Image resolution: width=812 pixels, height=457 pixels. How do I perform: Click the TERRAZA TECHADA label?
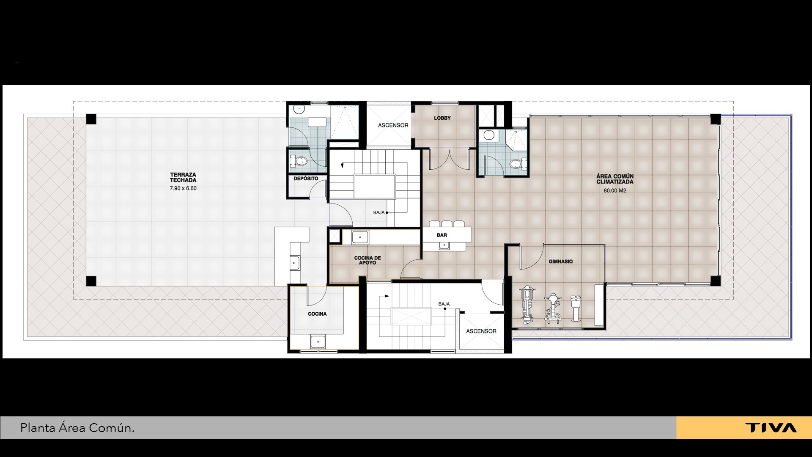click(x=183, y=177)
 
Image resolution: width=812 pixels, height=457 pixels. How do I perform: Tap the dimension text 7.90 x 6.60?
click(x=183, y=188)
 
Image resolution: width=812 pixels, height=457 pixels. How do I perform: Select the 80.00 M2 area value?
click(x=615, y=190)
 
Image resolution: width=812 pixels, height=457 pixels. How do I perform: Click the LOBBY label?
click(x=442, y=118)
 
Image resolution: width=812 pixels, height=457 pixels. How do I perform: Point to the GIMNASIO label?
click(x=561, y=262)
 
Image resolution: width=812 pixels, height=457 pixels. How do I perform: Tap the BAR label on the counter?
click(x=442, y=235)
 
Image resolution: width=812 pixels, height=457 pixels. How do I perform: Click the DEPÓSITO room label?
click(x=306, y=179)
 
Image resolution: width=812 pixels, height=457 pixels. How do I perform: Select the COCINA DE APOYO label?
click(x=368, y=260)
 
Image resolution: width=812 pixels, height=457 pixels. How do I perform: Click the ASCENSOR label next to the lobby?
click(x=393, y=125)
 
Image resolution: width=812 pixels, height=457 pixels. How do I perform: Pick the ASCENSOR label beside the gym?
click(x=481, y=331)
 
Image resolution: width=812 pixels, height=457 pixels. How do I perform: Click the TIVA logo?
click(x=771, y=428)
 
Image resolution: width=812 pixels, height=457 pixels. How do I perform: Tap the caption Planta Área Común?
click(x=77, y=428)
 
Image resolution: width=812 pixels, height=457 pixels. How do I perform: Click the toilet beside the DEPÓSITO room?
click(x=299, y=161)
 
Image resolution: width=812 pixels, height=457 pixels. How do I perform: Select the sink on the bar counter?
click(x=444, y=245)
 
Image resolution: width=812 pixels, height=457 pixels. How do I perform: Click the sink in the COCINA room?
click(x=317, y=341)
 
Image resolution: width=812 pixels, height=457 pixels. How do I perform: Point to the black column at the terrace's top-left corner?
click(x=91, y=119)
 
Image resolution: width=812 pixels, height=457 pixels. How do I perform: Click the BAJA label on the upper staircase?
click(x=379, y=212)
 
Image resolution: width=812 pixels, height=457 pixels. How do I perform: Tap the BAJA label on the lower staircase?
click(x=444, y=304)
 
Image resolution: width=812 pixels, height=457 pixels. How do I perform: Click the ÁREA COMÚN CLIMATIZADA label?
click(x=615, y=179)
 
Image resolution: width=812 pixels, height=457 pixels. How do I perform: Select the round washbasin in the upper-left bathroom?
click(x=299, y=109)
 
